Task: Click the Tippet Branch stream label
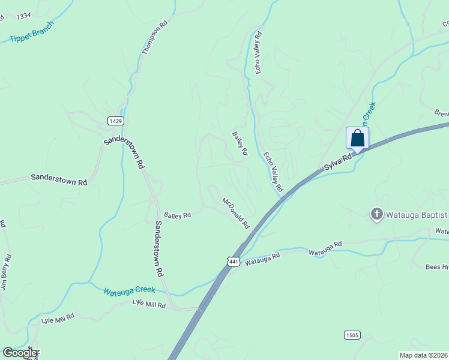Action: (32, 33)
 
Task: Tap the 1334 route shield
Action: (24, 15)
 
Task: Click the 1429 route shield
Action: (116, 121)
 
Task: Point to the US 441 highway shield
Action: (234, 262)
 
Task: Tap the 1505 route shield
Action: (352, 334)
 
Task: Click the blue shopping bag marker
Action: (357, 138)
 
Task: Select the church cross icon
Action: (376, 214)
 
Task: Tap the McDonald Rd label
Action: (236, 213)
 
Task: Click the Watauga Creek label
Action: (129, 291)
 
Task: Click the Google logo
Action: (20, 353)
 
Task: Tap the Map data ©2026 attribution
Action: (423, 355)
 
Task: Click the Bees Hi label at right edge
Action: (436, 267)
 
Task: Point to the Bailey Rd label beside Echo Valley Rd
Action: (240, 144)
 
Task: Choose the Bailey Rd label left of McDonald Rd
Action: (178, 215)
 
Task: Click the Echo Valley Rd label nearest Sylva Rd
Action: (273, 172)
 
